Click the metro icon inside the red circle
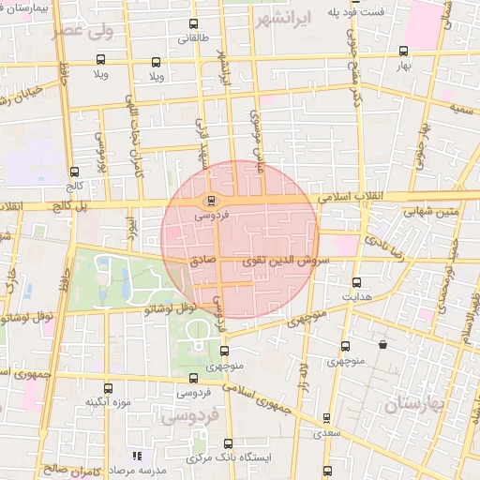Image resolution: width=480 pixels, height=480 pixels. point(210,200)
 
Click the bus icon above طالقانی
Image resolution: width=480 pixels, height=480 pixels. point(193,24)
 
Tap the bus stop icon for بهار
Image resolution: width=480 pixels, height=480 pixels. point(403,52)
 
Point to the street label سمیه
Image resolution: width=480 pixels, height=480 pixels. point(460,111)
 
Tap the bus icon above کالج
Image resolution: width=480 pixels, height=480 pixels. point(74,172)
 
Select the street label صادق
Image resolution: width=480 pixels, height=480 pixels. point(204,255)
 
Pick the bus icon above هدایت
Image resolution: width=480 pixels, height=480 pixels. point(355,282)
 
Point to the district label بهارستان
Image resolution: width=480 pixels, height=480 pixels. point(418,403)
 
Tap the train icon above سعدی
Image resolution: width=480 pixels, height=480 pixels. point(326,418)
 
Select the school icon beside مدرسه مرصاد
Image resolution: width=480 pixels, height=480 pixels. point(137,455)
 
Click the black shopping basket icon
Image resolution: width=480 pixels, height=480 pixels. point(382,345)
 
